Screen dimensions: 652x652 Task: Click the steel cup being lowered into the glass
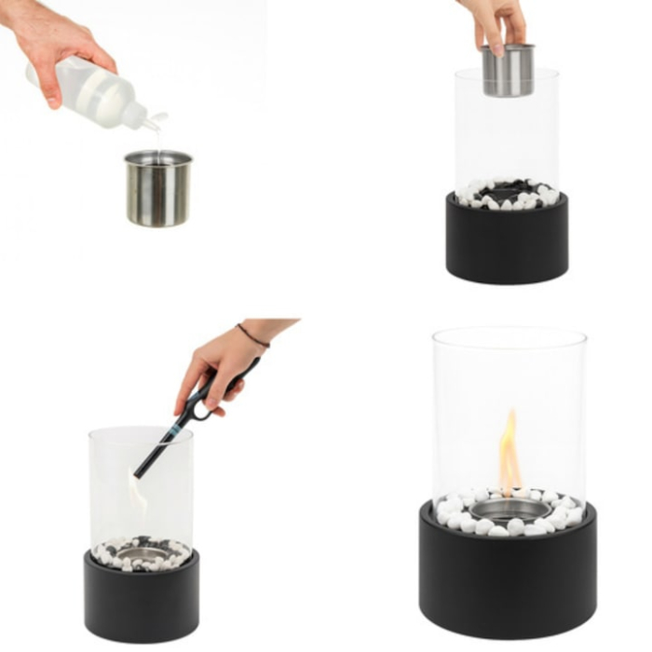click(x=508, y=70)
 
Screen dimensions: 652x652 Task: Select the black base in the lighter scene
click(x=141, y=596)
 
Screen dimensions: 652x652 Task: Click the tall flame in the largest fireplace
click(x=509, y=452)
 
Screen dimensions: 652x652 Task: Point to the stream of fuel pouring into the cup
click(x=156, y=140)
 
